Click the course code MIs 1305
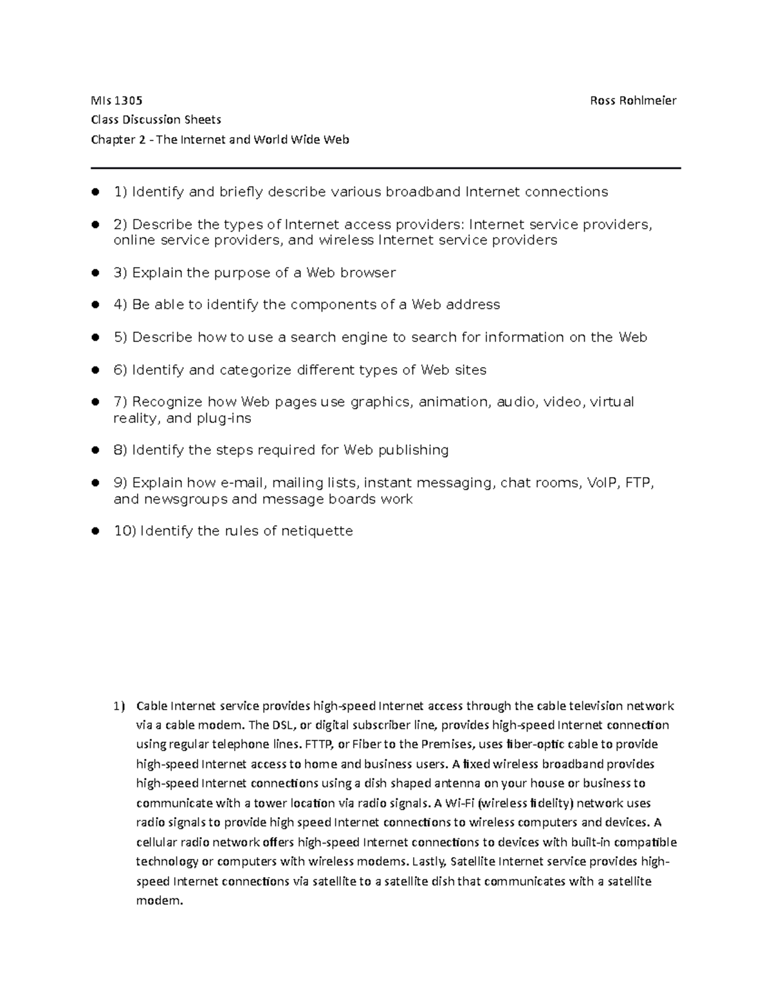point(116,100)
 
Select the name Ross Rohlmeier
point(633,100)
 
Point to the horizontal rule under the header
point(386,168)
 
